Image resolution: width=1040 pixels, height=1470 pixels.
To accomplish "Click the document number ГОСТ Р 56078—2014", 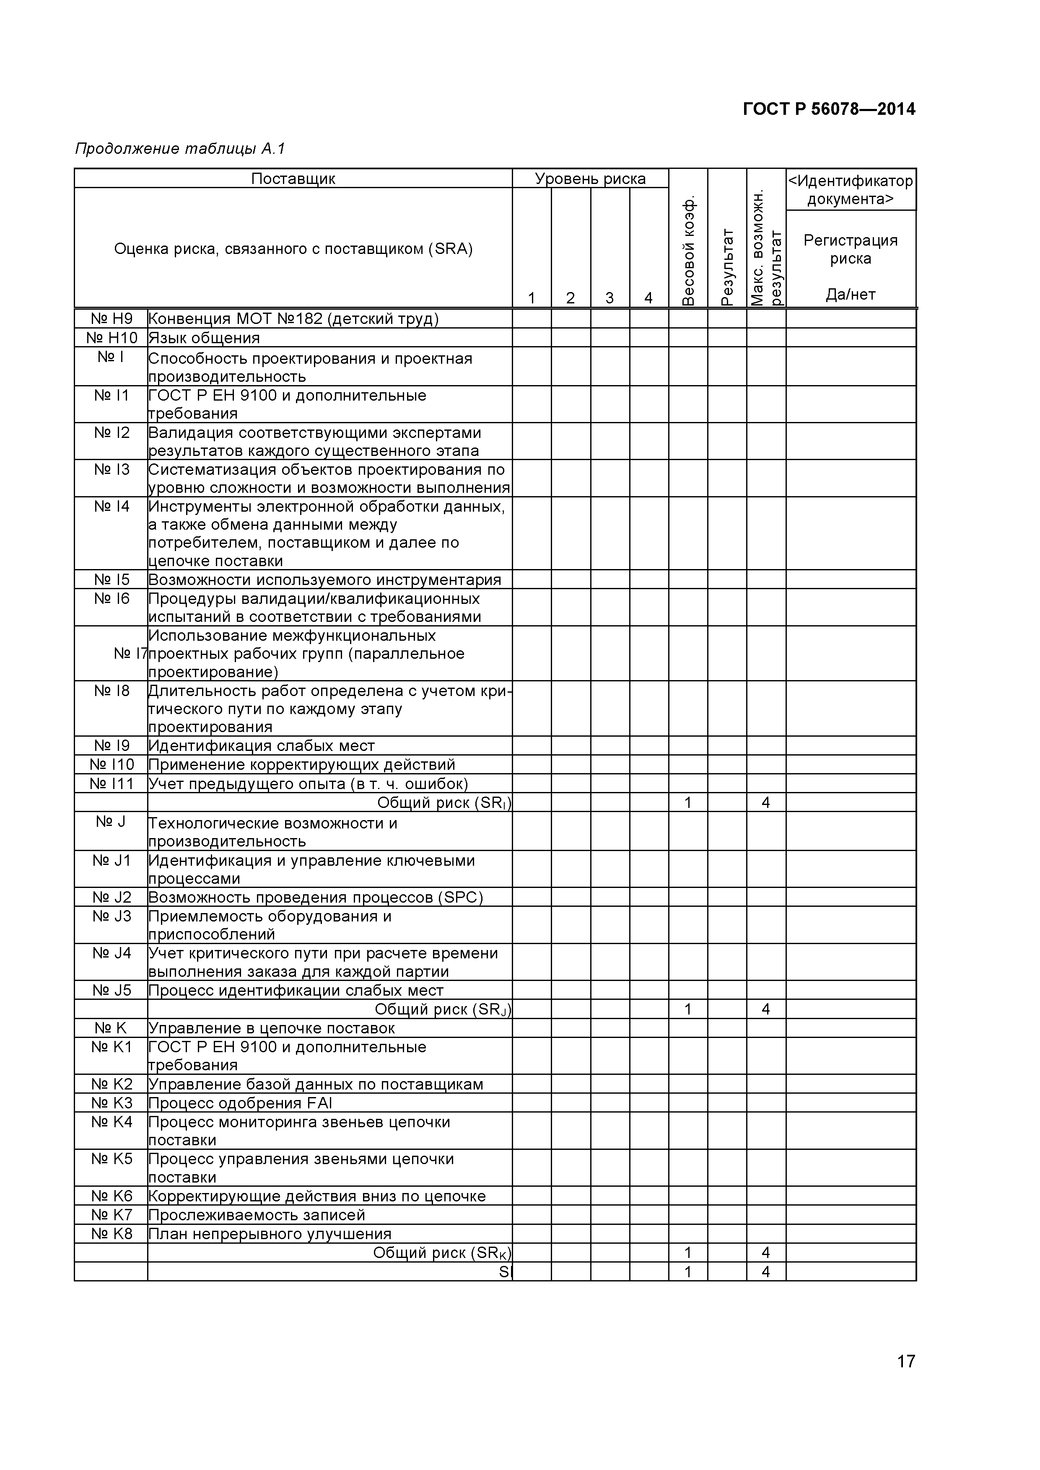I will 829,109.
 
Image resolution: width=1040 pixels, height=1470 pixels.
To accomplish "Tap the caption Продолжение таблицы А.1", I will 179,149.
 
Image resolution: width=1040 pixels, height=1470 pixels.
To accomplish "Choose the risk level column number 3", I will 609,298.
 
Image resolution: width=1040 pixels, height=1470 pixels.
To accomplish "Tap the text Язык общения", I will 204,338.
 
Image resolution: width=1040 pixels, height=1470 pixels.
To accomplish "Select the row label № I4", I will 112,507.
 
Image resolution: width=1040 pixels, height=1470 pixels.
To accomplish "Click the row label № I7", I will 131,654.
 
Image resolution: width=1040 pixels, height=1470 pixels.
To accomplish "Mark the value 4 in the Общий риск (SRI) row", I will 765,803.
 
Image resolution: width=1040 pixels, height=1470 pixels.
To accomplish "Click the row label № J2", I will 112,898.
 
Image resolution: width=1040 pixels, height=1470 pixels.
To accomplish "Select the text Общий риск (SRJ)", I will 443,1009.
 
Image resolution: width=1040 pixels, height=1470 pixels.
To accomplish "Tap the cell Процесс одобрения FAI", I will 240,1103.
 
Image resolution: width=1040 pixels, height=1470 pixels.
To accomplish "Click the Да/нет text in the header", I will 851,295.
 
